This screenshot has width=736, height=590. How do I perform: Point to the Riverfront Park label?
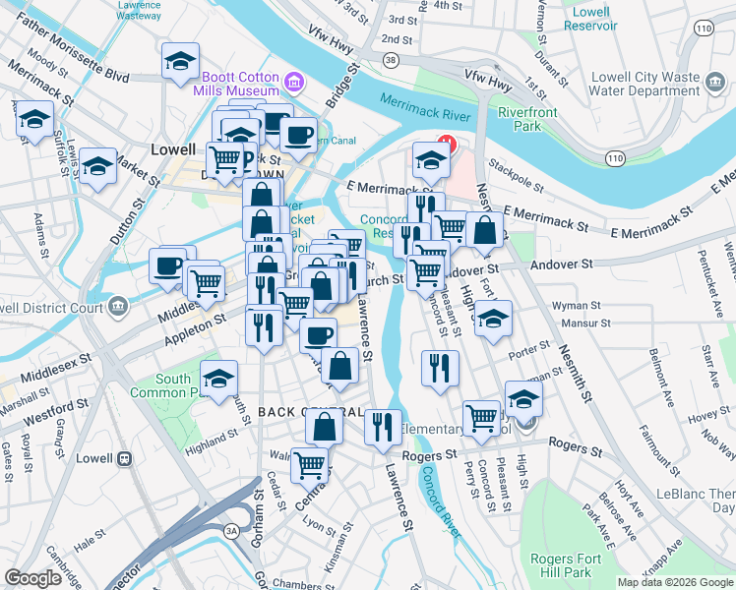click(526, 119)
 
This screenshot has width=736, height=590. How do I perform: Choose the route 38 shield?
click(392, 61)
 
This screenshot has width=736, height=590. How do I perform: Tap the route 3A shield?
click(232, 531)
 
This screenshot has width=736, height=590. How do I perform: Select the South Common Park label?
click(173, 385)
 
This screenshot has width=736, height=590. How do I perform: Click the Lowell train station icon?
click(125, 458)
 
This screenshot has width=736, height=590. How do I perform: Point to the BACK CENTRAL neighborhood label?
click(299, 411)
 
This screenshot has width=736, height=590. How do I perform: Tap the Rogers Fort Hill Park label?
click(565, 565)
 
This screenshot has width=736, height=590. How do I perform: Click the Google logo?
click(32, 578)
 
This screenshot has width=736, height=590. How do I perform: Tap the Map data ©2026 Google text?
click(674, 582)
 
